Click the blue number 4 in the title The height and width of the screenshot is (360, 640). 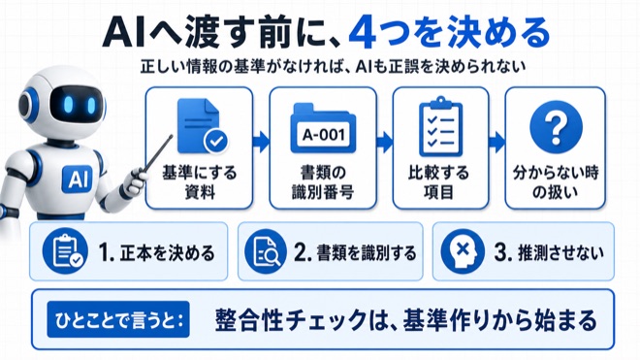pyautogui.click(x=363, y=34)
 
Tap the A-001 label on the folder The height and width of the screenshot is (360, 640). pyautogui.click(x=323, y=134)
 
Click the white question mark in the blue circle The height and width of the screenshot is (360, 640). pyautogui.click(x=556, y=127)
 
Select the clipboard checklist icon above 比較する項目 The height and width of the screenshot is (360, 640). pyautogui.click(x=440, y=126)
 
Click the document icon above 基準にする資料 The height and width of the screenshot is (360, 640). pyautogui.click(x=203, y=127)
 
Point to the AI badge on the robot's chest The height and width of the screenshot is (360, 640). pyautogui.click(x=78, y=179)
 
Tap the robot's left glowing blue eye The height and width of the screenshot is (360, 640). pyautogui.click(x=68, y=104)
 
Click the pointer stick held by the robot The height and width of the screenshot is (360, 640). pyautogui.click(x=158, y=152)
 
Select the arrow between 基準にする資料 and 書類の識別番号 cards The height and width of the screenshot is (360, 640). pyautogui.click(x=261, y=143)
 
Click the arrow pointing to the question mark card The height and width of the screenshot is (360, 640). pyautogui.click(x=496, y=143)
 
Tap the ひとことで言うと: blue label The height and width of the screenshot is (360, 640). pyautogui.click(x=118, y=319)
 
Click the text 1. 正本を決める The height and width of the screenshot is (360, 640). pyautogui.click(x=156, y=253)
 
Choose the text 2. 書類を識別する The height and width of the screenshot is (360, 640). pyautogui.click(x=355, y=253)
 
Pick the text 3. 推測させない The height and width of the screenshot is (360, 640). pyautogui.click(x=549, y=253)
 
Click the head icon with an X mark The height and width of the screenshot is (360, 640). pyautogui.click(x=463, y=251)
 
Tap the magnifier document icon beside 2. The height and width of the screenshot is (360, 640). pyautogui.click(x=266, y=251)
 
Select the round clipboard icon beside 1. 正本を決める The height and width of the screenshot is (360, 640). pyautogui.click(x=65, y=251)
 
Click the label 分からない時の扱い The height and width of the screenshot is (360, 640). pyautogui.click(x=556, y=182)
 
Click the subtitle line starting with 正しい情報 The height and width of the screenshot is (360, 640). pyautogui.click(x=333, y=67)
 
